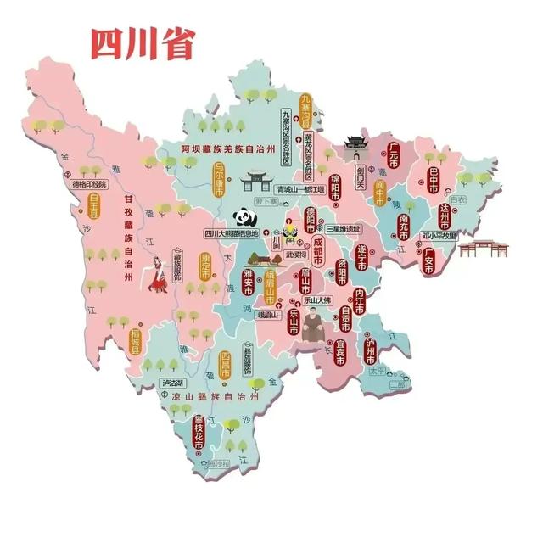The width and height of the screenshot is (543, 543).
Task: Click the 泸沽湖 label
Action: coord(173,383)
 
